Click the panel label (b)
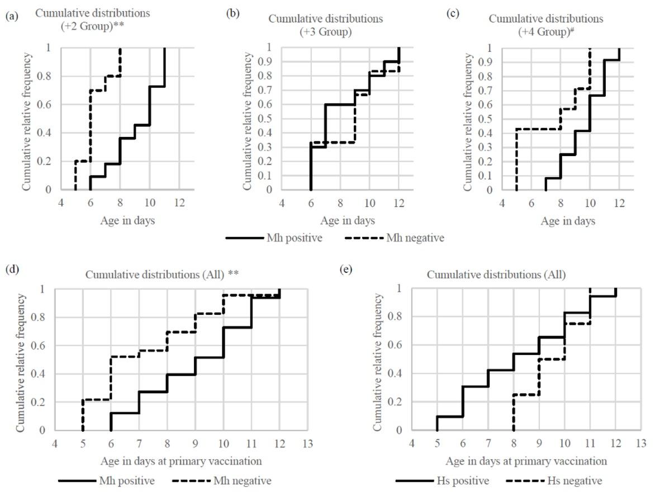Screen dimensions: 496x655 tap(232, 13)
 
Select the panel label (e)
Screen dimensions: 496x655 tap(347, 270)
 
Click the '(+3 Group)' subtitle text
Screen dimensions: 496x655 tap(325, 31)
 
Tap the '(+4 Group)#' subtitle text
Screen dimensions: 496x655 tap(546, 31)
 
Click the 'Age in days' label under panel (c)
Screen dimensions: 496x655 tap(568, 221)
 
